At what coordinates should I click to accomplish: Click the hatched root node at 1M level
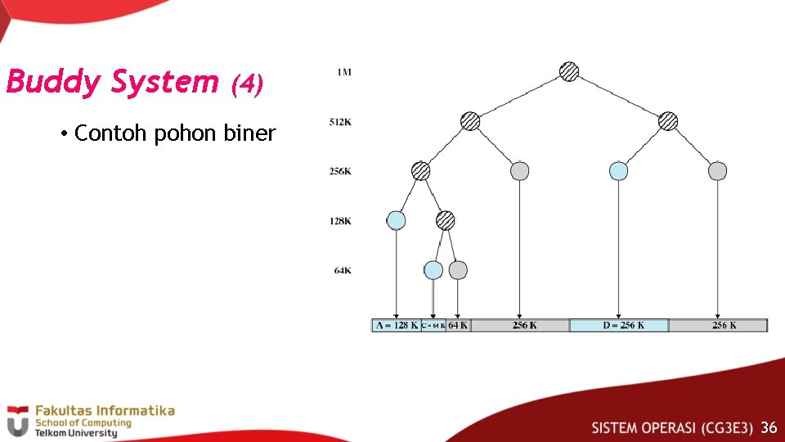[569, 72]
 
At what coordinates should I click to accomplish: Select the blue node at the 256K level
[619, 171]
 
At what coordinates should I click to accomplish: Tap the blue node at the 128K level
[397, 220]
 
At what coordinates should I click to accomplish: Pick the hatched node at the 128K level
[445, 220]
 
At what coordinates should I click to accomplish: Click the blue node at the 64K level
[433, 270]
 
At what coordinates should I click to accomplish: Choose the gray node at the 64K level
[458, 270]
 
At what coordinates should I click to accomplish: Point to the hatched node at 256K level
[420, 171]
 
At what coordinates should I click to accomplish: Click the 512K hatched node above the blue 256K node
[668, 121]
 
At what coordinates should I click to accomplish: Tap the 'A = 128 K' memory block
[397, 325]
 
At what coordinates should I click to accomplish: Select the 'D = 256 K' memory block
[619, 325]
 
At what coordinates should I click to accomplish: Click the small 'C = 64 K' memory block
[433, 325]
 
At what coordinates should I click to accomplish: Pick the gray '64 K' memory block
[459, 325]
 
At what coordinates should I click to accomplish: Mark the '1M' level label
[343, 72]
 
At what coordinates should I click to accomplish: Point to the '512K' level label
[340, 122]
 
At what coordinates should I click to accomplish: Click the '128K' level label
[340, 221]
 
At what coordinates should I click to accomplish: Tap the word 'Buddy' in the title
[54, 82]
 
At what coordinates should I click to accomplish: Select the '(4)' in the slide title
[247, 83]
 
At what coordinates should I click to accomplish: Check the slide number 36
[768, 427]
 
